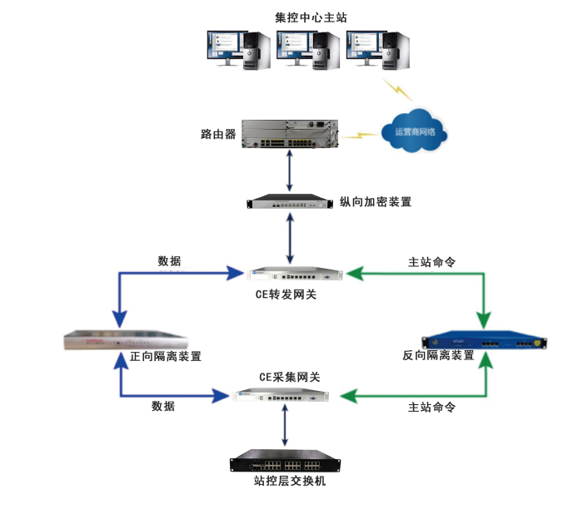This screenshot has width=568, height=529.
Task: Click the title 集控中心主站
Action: (x=310, y=17)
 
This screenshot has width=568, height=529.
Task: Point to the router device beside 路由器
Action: (x=289, y=134)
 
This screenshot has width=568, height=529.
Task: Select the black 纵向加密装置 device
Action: (x=289, y=202)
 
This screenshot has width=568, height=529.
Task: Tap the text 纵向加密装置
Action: (x=376, y=202)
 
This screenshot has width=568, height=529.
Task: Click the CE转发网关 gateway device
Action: (x=296, y=274)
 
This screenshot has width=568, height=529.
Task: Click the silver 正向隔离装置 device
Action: (x=125, y=340)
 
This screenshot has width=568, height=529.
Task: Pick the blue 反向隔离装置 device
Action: (x=486, y=340)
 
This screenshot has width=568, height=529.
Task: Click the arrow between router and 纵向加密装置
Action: (x=289, y=172)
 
